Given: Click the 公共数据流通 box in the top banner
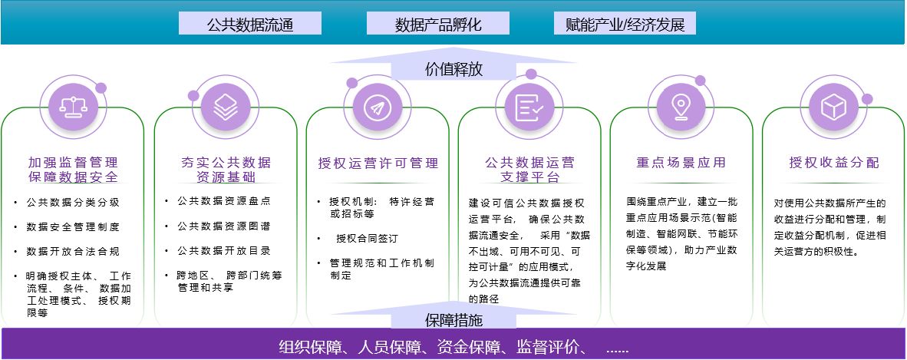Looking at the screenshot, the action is pyautogui.click(x=249, y=24).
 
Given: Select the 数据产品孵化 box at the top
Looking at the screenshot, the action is pyautogui.click(x=438, y=24).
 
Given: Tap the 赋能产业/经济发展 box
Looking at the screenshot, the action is pyautogui.click(x=625, y=24).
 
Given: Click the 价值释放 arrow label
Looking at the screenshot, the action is pyautogui.click(x=453, y=69).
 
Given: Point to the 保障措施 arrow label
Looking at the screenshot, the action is pyautogui.click(x=453, y=319).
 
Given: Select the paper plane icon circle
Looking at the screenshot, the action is pyautogui.click(x=377, y=108).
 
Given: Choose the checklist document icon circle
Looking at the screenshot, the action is pyautogui.click(x=529, y=108).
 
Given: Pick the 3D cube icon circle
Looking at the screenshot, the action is pyautogui.click(x=833, y=108).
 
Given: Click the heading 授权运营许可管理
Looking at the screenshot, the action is pyautogui.click(x=378, y=163).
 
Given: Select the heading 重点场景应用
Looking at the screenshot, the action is pyautogui.click(x=681, y=163).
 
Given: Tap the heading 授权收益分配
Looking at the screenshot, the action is pyautogui.click(x=833, y=163).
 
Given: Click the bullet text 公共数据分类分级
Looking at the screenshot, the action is pyautogui.click(x=73, y=203).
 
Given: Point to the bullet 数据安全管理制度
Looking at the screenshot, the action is pyautogui.click(x=73, y=227).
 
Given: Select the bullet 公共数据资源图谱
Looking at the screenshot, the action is pyautogui.click(x=224, y=226).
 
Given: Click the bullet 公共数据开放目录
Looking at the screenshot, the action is pyautogui.click(x=224, y=250).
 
